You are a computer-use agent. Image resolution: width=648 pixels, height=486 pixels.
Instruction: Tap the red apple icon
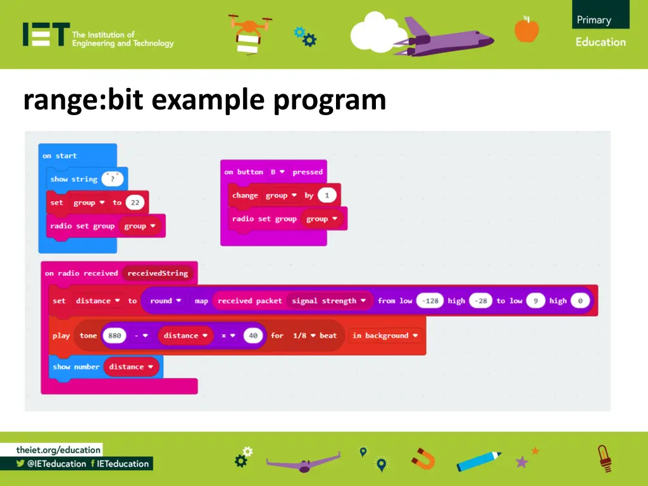(x=526, y=29)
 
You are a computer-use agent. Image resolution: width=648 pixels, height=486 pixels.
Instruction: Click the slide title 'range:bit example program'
(x=204, y=100)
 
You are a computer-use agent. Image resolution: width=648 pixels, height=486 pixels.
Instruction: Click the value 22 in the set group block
(x=135, y=202)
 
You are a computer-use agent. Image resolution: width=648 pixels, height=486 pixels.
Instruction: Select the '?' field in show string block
(x=113, y=179)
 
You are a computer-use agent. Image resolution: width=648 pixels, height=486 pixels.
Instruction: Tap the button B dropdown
(x=277, y=172)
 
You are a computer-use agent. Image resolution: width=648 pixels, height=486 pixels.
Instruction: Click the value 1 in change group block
(x=327, y=196)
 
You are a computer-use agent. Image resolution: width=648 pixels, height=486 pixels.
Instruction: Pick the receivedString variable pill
(x=158, y=273)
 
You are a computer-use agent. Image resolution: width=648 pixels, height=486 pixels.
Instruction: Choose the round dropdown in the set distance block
(x=166, y=301)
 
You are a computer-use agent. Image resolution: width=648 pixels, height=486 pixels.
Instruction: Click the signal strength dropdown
(x=329, y=301)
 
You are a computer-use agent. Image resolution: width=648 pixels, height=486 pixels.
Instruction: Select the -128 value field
(x=431, y=301)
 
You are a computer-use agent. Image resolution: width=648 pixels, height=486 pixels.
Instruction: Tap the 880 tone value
(x=115, y=336)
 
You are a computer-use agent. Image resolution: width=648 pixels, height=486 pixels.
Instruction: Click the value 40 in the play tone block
(x=253, y=336)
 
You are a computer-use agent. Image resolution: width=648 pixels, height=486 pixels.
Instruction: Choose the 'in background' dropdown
(x=385, y=336)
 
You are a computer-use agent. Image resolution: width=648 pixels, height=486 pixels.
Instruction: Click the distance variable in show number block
(x=131, y=367)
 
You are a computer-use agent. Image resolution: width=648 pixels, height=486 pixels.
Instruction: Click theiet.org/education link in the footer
(x=58, y=450)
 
